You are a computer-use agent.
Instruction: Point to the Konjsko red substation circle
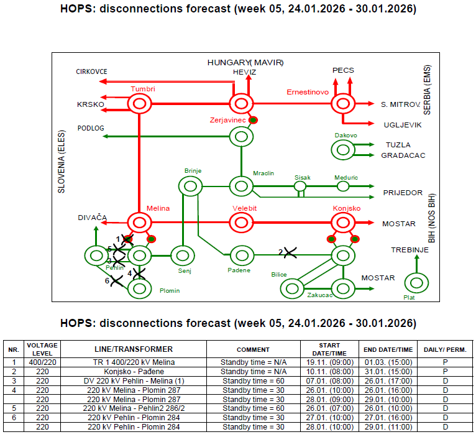342,222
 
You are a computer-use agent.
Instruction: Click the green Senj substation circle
183,255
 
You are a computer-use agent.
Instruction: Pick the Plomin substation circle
140,288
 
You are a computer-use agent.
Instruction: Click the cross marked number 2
288,252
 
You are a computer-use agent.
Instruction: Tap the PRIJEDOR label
403,193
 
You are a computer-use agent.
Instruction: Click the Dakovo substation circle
342,149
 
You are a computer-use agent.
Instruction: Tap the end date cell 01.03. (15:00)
388,362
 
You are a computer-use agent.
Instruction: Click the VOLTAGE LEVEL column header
42,349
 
